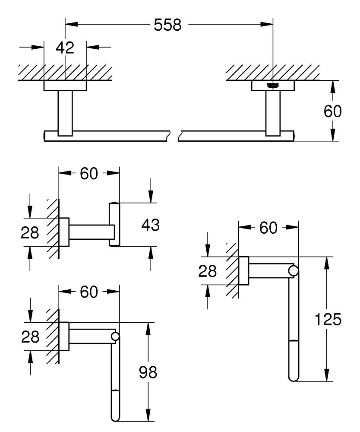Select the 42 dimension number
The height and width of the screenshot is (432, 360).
pos(65,48)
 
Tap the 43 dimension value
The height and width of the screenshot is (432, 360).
pos(150,225)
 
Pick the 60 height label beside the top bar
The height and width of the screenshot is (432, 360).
pos(332,111)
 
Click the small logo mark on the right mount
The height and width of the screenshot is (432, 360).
pos(272,85)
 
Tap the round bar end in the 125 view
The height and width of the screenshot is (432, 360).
pos(294,271)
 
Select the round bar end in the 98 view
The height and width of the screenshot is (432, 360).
pos(115,337)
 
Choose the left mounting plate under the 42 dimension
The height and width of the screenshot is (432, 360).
pos(65,86)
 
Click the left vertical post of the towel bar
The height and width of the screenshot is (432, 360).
pos(65,113)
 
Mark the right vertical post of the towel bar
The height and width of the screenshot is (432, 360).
pos(273,113)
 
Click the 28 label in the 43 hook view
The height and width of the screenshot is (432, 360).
pos(30,232)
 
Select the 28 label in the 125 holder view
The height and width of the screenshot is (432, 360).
pos(208,271)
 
